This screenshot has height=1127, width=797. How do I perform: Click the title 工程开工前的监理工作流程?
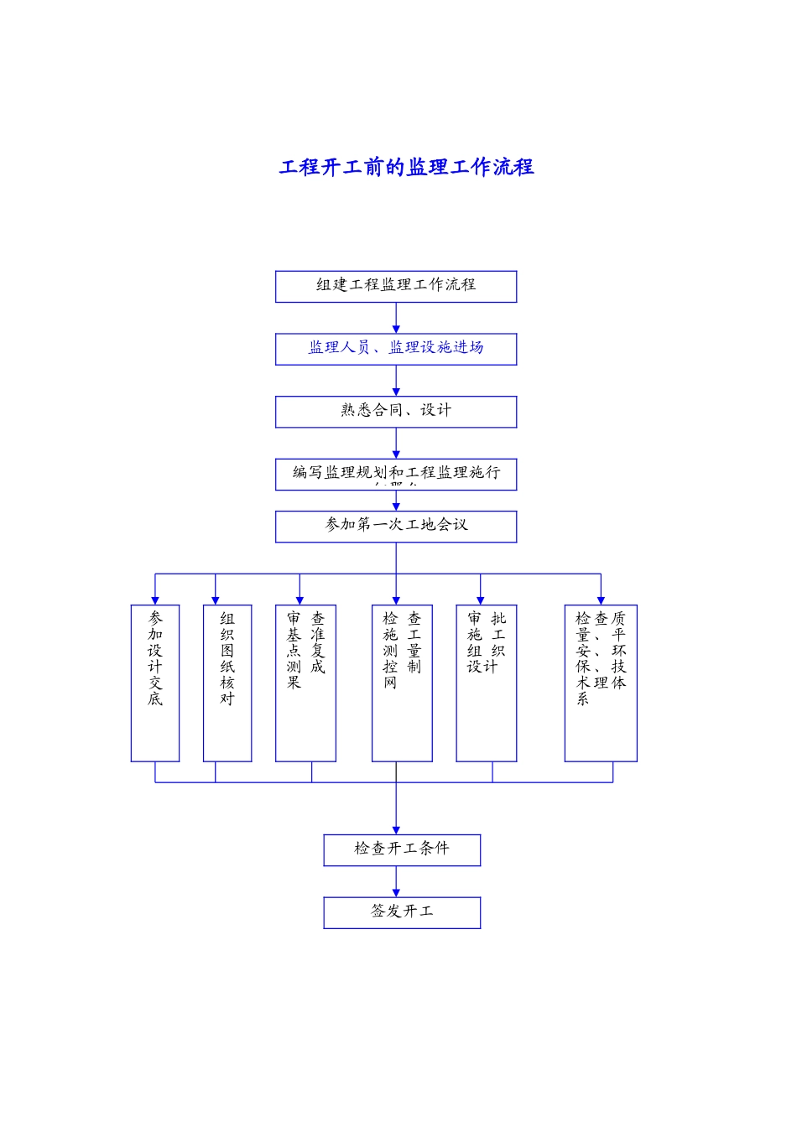406,167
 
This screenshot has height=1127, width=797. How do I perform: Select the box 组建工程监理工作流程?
396,286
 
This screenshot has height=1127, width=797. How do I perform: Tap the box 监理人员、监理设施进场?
396,349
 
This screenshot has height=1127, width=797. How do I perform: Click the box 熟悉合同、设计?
396,412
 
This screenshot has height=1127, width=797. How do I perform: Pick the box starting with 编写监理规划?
396,474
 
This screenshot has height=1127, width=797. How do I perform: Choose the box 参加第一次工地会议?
396,527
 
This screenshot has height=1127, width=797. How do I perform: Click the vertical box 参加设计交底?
155,683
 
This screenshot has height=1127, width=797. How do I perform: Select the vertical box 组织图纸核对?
227,683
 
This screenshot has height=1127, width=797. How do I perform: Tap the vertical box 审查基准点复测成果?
305,683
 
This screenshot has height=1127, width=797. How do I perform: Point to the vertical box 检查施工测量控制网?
402,683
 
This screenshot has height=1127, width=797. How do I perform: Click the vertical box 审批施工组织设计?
486,683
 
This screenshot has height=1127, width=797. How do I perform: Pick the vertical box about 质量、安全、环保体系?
601,683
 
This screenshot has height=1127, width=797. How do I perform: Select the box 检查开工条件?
402,849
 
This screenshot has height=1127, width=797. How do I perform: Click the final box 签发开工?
402,912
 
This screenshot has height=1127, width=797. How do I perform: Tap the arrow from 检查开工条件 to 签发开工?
396,881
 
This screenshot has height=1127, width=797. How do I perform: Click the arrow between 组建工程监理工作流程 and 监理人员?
396,318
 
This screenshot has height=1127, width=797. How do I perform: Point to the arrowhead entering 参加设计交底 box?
155,600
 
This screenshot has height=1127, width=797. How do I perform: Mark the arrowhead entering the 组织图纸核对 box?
216,600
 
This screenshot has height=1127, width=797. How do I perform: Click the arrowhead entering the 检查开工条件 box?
396,829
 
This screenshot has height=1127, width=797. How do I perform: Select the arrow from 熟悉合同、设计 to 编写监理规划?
396,443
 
